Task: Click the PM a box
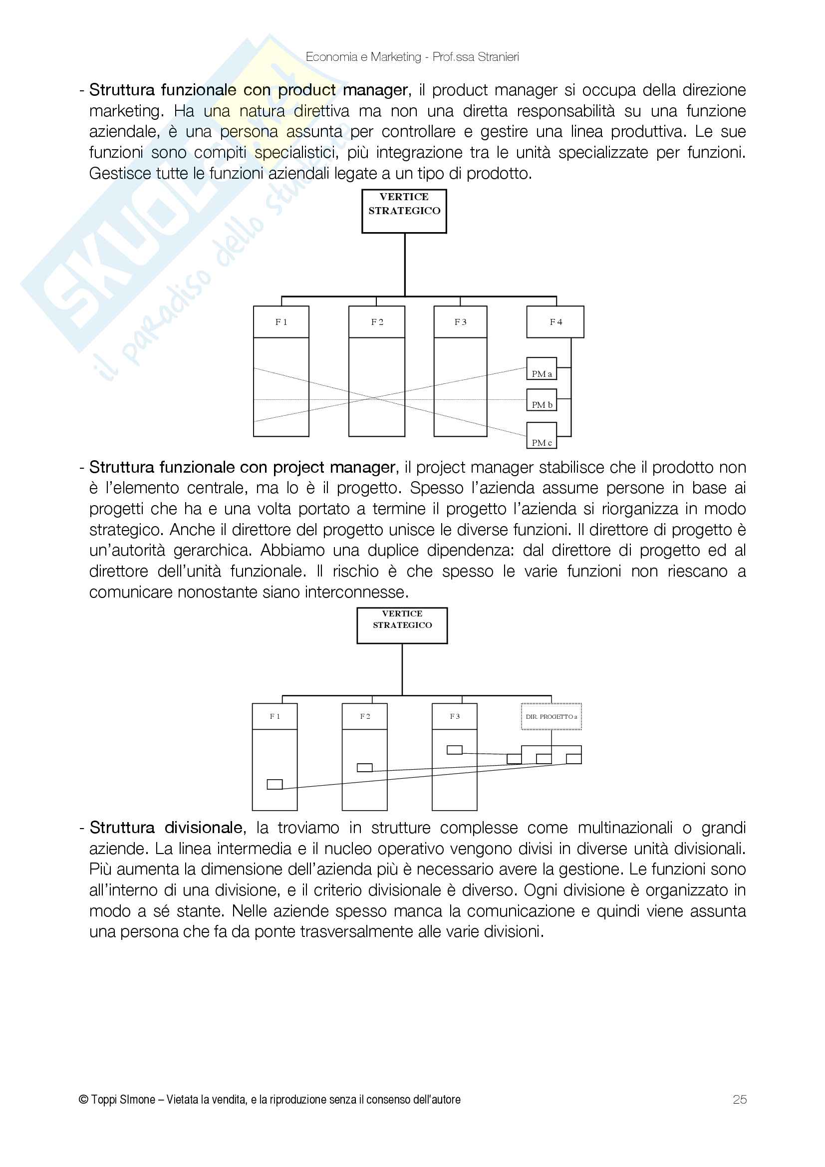point(542,369)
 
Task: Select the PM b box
point(542,400)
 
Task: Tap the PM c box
point(542,436)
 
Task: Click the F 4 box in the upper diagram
point(555,322)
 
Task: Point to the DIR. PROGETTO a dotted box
point(551,717)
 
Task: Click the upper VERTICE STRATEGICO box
point(404,211)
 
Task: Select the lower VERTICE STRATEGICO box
point(402,625)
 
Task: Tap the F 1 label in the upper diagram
point(281,322)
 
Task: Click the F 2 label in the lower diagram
point(364,716)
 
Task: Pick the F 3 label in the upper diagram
point(460,322)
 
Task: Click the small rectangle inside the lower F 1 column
point(275,784)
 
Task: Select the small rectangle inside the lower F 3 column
point(455,750)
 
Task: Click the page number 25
point(740,1100)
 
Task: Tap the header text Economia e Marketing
point(363,57)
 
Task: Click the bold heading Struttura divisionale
point(166,828)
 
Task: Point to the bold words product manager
point(342,90)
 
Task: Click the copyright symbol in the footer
point(83,1100)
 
